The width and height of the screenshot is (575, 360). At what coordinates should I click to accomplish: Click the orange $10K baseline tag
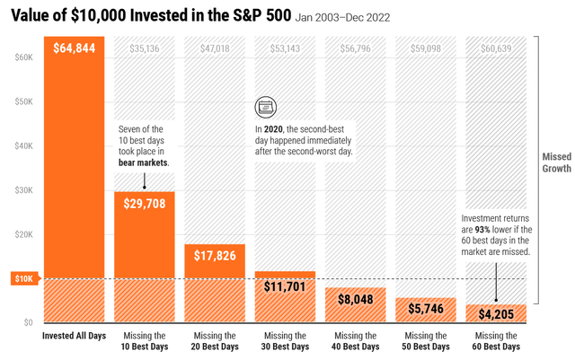tap(24, 279)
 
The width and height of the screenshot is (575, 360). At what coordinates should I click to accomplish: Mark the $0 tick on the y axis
tap(28, 322)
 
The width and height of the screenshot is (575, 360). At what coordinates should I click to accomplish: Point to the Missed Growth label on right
tap(556, 162)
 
